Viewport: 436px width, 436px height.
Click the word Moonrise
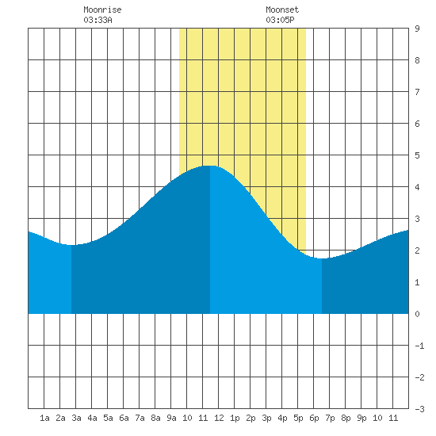[x=102, y=10]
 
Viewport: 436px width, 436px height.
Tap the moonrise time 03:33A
[x=98, y=20]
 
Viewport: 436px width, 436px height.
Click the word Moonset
[x=282, y=10]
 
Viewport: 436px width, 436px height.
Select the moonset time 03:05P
[x=280, y=20]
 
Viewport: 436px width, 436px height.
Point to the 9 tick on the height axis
[x=417, y=29]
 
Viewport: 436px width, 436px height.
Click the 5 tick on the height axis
[x=417, y=155]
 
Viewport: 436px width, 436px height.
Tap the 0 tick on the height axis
[x=417, y=314]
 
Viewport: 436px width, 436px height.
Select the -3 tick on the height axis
[x=419, y=409]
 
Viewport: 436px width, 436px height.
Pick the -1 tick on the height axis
[x=419, y=346]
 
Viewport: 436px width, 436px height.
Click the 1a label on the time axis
[x=44, y=418]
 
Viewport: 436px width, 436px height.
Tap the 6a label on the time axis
[x=124, y=418]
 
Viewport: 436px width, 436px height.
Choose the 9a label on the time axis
[x=171, y=418]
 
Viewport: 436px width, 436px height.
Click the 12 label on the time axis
[x=219, y=418]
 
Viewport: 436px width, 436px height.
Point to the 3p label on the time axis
[x=266, y=418]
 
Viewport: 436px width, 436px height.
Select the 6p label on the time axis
[x=314, y=418]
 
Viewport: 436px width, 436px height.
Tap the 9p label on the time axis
[x=361, y=418]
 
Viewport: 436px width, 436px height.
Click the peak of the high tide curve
[x=210, y=166]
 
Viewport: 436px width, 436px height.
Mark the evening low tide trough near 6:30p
[x=322, y=258]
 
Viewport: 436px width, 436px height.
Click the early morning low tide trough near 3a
[x=71, y=245]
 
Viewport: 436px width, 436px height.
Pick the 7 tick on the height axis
[x=417, y=92]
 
